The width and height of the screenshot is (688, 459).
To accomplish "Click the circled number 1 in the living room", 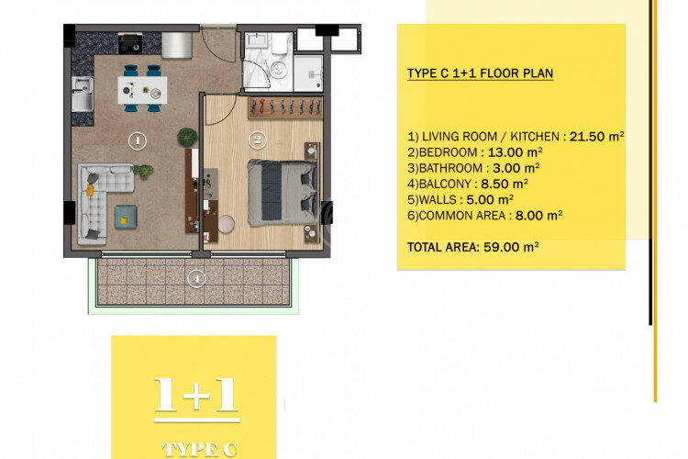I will click(x=136, y=141).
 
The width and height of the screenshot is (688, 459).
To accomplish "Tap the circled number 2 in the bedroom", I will click(x=258, y=140).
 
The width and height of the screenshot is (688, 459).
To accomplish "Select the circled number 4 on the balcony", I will click(x=194, y=277).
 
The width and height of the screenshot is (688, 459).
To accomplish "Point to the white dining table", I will click(x=142, y=88).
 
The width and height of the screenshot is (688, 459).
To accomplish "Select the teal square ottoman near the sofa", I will click(x=125, y=217).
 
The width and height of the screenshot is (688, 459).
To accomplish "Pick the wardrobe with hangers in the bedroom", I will click(x=284, y=107).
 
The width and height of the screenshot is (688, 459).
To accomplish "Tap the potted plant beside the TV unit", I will click(x=187, y=137).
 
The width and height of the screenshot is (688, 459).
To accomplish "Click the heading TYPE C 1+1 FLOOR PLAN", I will click(x=480, y=73).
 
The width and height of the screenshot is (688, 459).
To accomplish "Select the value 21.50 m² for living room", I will click(x=596, y=135).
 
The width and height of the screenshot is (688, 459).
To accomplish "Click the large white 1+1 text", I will click(x=196, y=395).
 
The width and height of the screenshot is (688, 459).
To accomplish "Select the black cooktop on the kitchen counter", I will click(x=130, y=42).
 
